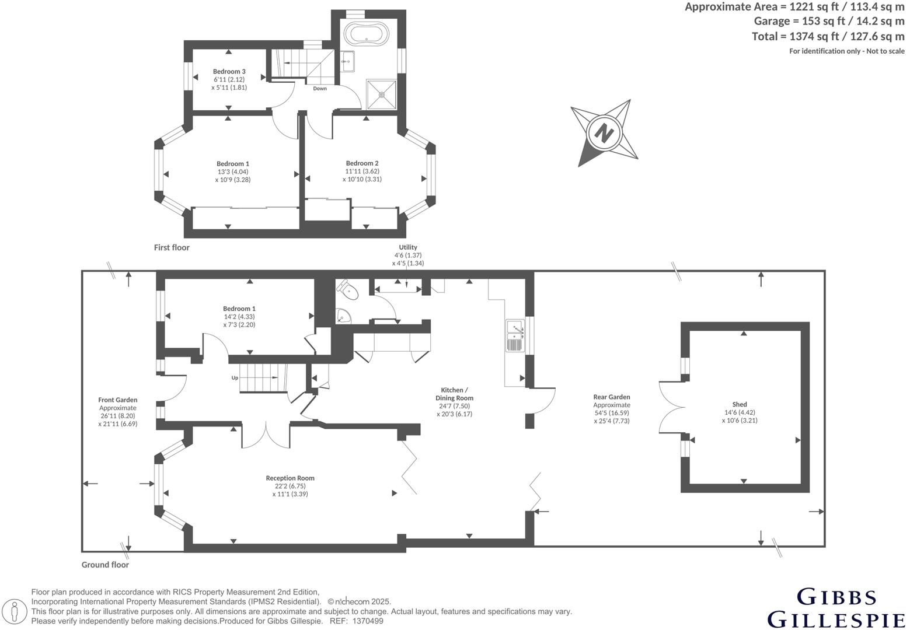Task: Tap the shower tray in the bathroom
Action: coord(382,94)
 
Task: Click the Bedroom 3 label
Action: coord(229,72)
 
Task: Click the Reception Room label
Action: coord(290,478)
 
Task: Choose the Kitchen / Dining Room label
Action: coord(454,394)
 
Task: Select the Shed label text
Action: coord(740,404)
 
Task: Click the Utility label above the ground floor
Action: coord(408,247)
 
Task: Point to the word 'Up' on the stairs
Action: coord(235,378)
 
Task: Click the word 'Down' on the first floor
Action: coord(320,89)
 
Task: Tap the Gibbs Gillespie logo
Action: coord(835,608)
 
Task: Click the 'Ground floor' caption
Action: coord(105,565)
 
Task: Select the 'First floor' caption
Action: coord(172,247)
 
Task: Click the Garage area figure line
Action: coord(829,22)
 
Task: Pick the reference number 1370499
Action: coord(368,621)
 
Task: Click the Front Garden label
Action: coord(118,400)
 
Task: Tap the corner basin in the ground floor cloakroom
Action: coord(343,316)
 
